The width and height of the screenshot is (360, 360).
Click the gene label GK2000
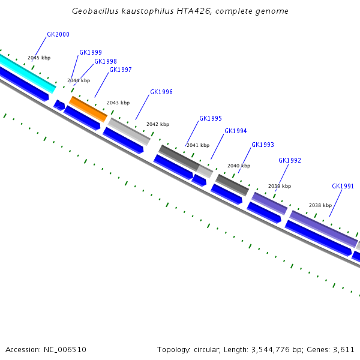coord(58,35)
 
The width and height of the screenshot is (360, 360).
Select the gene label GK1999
coord(91,53)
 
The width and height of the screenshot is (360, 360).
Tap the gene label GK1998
coord(106,62)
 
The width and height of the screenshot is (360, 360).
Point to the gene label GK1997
coord(121,70)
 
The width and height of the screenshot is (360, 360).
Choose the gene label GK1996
coord(161,92)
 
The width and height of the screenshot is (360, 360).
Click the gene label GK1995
coord(211,119)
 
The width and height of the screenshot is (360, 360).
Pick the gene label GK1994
coord(236,131)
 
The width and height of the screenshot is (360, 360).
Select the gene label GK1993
coord(263,145)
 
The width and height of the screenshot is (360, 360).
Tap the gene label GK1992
coord(290,161)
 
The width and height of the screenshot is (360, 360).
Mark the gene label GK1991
coord(343,187)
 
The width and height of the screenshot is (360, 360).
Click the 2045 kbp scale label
coord(39,58)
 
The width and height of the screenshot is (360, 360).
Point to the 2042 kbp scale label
coord(158,125)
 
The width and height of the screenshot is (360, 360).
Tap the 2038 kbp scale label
coord(320,205)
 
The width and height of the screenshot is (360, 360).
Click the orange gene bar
coord(89,109)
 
